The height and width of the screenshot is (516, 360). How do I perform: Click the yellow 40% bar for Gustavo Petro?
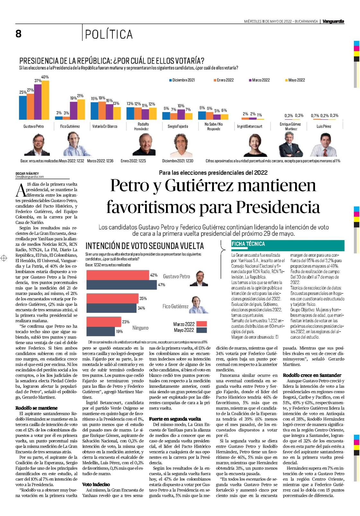[45, 100]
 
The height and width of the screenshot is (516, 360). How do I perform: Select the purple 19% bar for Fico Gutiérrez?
[74, 111]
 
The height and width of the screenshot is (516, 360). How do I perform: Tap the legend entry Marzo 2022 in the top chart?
[259, 80]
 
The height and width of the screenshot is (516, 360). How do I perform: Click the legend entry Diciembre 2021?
[182, 80]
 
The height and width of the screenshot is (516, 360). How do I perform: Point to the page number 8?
[18, 34]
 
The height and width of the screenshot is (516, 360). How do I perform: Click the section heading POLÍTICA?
[109, 34]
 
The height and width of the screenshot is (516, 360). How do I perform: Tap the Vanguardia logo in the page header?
[333, 22]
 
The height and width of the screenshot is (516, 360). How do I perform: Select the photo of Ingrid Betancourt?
[255, 145]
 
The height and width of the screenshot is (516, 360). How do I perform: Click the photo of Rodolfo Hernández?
[144, 145]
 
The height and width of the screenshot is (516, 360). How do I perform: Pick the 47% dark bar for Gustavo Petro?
[121, 285]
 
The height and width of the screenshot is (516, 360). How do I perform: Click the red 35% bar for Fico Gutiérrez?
[112, 298]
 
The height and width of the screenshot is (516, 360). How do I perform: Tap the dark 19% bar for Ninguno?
[101, 331]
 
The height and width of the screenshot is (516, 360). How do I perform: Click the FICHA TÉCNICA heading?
[248, 244]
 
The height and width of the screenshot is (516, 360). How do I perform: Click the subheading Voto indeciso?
[96, 485]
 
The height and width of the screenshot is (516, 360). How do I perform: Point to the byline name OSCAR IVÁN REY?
[27, 173]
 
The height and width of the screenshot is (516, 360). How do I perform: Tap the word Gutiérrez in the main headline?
[199, 185]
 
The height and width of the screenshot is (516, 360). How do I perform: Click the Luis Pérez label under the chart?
[324, 127]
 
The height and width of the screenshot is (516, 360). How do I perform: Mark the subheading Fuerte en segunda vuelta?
[175, 419]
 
